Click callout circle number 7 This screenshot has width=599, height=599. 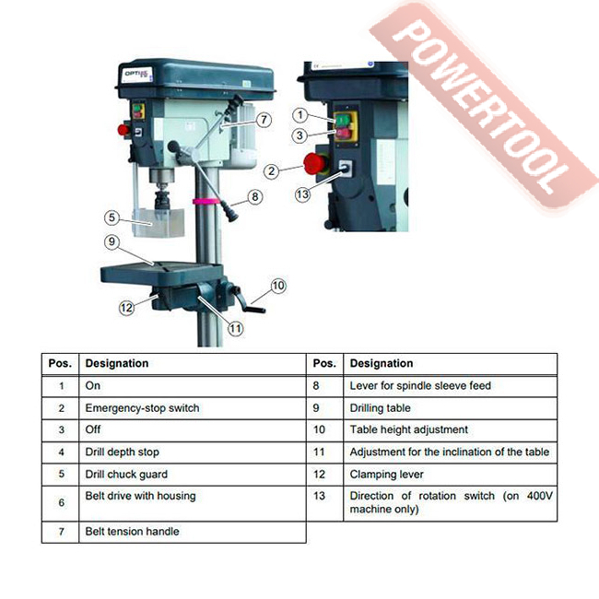pos(264,120)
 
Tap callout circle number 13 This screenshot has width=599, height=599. pos(302,194)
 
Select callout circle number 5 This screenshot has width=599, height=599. pos(112,217)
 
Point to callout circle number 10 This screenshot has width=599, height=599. pos(278,286)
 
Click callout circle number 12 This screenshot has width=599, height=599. pos(126,308)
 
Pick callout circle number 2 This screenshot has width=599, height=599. pos(271,170)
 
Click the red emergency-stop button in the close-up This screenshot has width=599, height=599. pos(315,164)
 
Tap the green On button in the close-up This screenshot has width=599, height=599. pos(343,121)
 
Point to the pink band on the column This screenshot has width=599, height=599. pos(206,201)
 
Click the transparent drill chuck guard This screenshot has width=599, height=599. pos(158,222)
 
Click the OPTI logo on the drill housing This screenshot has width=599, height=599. pos(137,74)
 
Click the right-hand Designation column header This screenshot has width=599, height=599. pos(382,363)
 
